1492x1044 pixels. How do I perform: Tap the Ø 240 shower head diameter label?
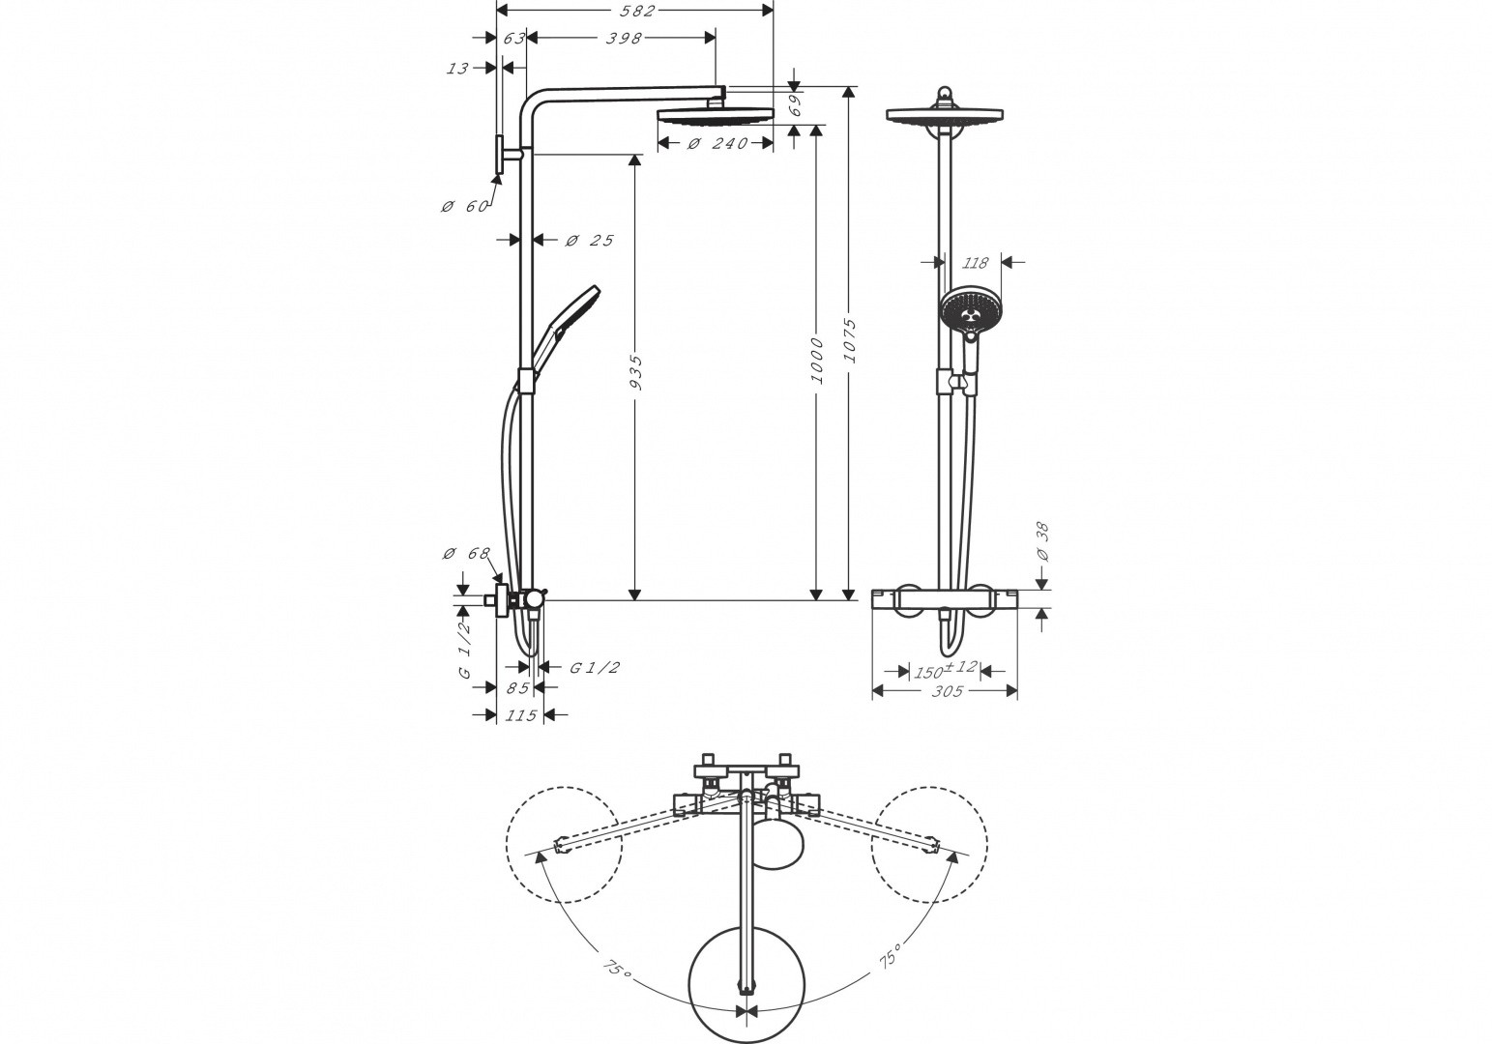717,144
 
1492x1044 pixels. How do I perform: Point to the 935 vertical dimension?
635,376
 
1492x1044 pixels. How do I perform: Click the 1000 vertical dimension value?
817,361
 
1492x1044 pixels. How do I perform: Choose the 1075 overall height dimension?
850,339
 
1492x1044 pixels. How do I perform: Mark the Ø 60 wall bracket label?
464,207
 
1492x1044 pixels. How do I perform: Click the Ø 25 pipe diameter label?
589,240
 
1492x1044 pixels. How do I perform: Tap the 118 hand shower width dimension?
976,262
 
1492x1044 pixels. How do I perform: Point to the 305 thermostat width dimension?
946,690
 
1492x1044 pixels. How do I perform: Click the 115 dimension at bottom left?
520,715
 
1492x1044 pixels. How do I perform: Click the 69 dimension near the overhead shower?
794,105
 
